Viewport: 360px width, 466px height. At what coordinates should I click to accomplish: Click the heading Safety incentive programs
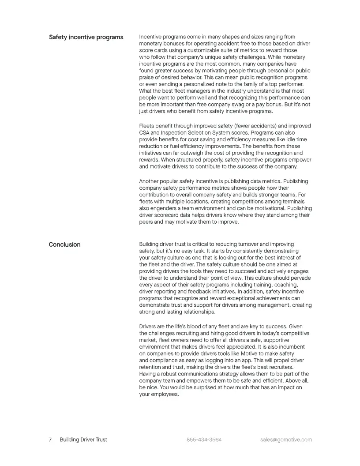click(x=86, y=37)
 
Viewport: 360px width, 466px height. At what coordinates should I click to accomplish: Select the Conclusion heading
click(x=64, y=244)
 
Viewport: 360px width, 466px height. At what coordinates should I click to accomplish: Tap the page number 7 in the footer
click(x=50, y=440)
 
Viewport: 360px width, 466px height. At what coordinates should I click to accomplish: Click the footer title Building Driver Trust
click(x=83, y=440)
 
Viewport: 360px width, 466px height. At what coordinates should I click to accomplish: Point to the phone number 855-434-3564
click(x=204, y=440)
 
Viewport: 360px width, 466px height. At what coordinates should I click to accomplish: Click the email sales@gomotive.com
click(x=286, y=440)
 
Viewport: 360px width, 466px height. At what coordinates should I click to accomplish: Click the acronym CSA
click(x=144, y=132)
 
